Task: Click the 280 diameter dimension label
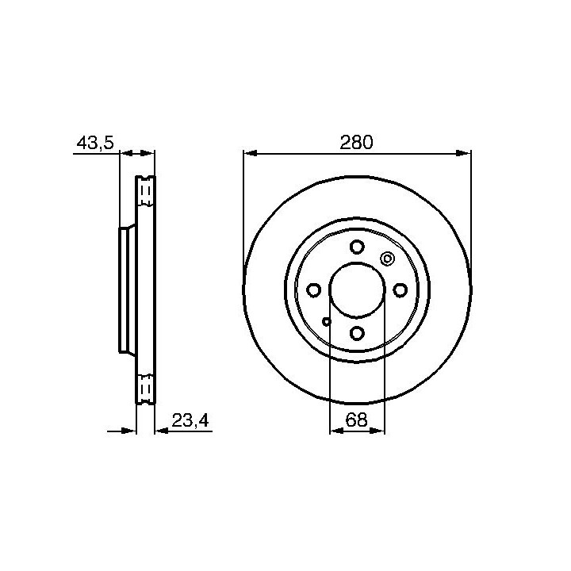pyautogui.click(x=357, y=142)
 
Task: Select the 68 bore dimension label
pyautogui.click(x=357, y=420)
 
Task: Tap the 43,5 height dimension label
pyautogui.click(x=95, y=143)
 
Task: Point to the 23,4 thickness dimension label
pyautogui.click(x=190, y=420)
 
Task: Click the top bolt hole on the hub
pyautogui.click(x=357, y=247)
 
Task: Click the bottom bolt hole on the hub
pyautogui.click(x=357, y=333)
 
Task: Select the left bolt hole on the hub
pyautogui.click(x=313, y=290)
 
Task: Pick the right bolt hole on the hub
pyautogui.click(x=400, y=290)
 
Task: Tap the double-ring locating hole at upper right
pyautogui.click(x=388, y=259)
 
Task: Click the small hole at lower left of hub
pyautogui.click(x=327, y=321)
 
